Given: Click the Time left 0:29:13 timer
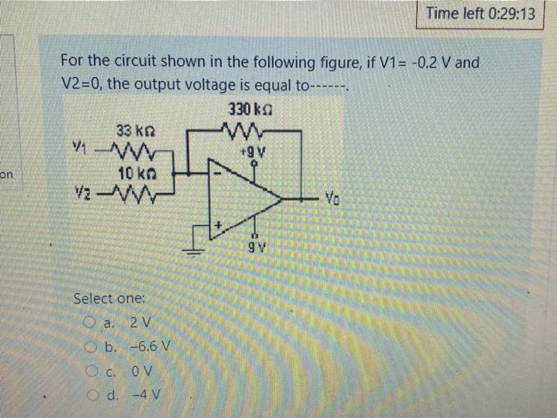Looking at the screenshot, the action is (x=480, y=14).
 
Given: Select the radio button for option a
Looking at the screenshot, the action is (x=90, y=323).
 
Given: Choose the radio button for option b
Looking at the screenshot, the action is (x=90, y=347).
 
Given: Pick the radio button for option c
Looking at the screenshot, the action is (x=90, y=372).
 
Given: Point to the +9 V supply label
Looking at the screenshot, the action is (x=255, y=149).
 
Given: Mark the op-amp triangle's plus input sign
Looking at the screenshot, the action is (x=216, y=227).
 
